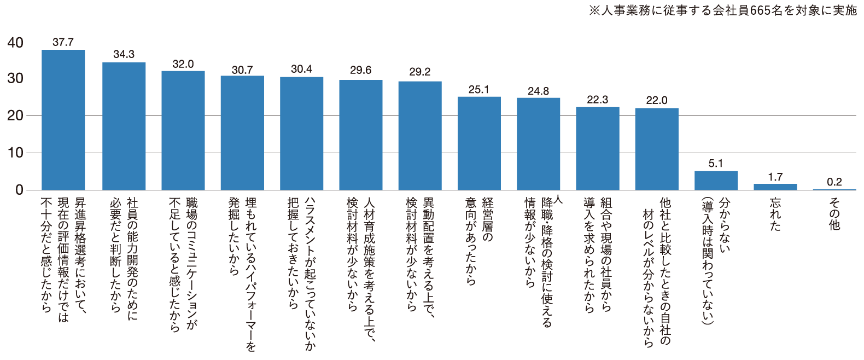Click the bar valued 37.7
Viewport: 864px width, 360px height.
(63, 120)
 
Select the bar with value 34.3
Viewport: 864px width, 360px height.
(124, 126)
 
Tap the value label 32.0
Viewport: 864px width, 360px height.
(183, 65)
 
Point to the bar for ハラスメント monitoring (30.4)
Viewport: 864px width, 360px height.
(301, 133)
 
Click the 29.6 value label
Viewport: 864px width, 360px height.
(360, 70)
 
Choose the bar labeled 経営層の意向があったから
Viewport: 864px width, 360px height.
(479, 143)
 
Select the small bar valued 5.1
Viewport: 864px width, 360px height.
(716, 181)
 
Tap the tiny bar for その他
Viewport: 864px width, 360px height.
(834, 189)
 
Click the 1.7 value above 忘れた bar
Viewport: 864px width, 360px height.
(775, 177)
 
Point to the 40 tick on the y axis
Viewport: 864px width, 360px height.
(15, 43)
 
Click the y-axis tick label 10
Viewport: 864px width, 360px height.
(15, 153)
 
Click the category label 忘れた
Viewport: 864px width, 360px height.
(775, 214)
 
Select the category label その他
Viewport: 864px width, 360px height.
(834, 214)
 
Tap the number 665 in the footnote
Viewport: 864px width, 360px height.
(760, 10)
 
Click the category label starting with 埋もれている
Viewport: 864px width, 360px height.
(242, 274)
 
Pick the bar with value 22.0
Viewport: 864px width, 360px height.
(657, 149)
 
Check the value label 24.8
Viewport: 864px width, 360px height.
(538, 91)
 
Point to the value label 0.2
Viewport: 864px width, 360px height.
(834, 182)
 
